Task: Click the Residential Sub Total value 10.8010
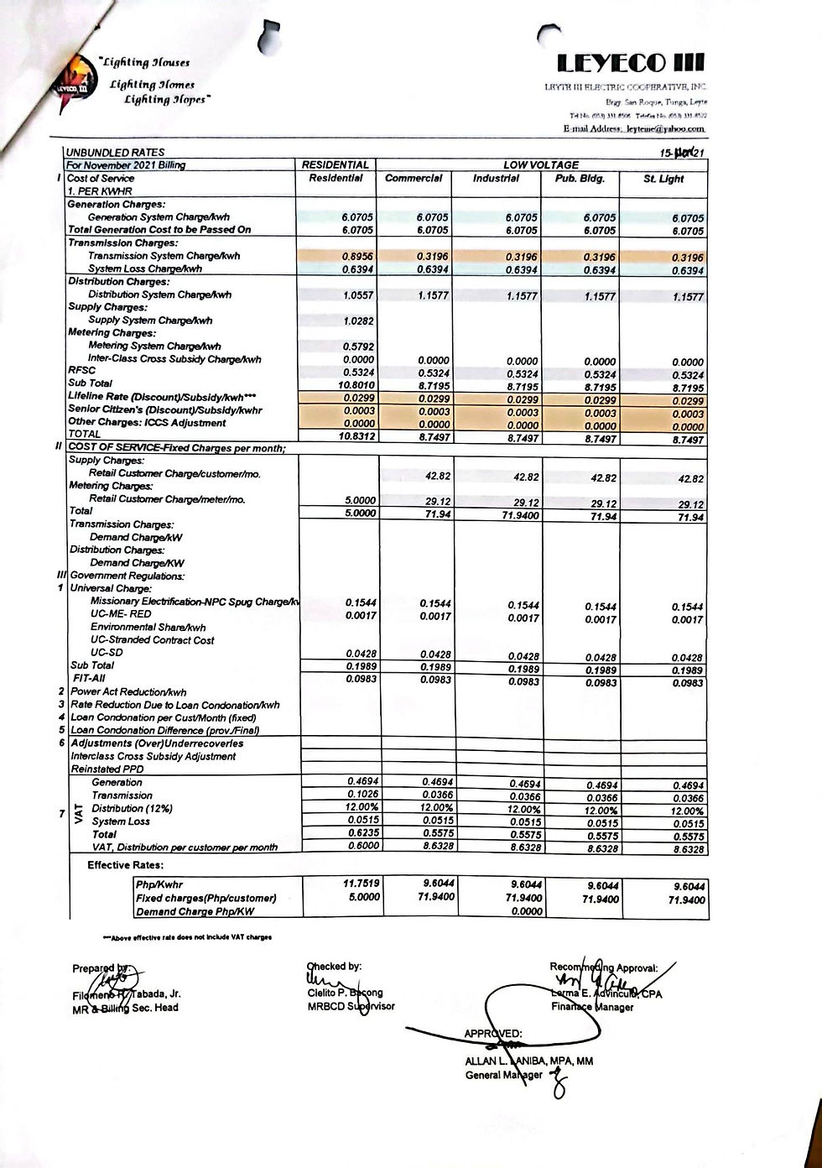point(356,383)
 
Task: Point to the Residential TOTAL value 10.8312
point(356,436)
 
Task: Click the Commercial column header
point(414,178)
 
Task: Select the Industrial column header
point(496,178)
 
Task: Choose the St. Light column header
point(663,179)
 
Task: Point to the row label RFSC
point(81,370)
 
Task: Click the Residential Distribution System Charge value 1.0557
point(357,295)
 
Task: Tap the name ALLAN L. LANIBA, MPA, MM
point(528,1061)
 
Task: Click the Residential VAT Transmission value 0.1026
point(362,794)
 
